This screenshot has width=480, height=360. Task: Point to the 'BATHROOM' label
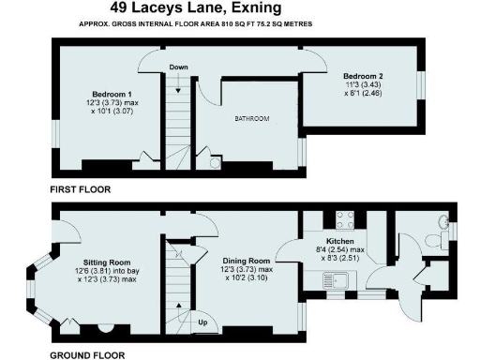251,119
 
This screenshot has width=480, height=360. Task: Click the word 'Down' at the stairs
179,67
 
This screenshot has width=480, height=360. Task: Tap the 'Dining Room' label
246,260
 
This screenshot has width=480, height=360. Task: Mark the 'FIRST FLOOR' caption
81,189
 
